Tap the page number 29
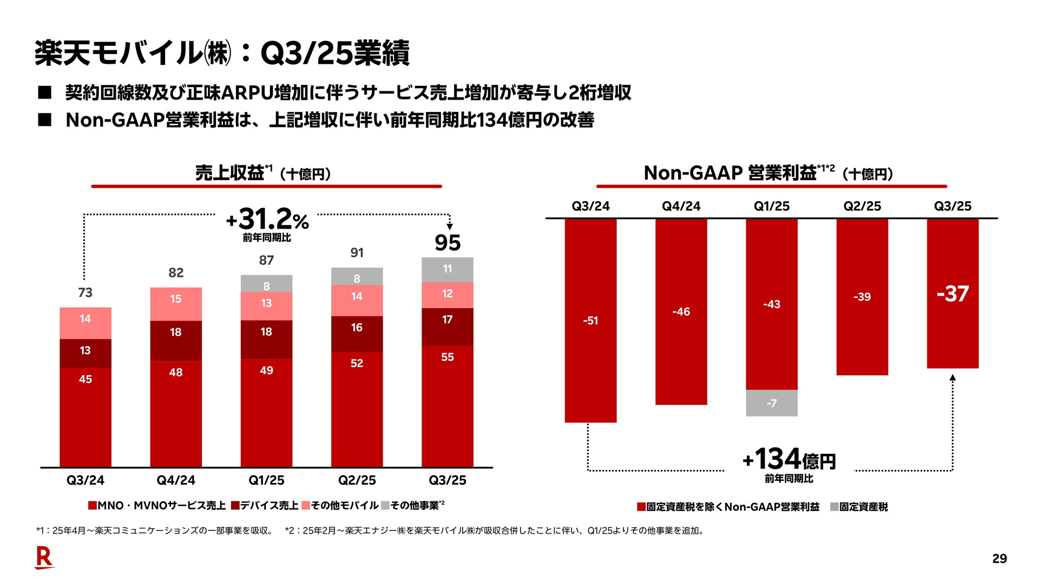(999, 559)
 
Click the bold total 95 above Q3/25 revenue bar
(448, 243)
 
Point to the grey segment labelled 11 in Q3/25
(448, 269)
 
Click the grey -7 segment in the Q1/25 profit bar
(772, 403)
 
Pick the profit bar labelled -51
(590, 320)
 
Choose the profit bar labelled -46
(681, 311)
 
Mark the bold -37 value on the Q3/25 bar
(952, 294)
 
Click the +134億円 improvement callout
(789, 460)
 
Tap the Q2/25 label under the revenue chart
(357, 480)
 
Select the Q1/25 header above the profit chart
(772, 206)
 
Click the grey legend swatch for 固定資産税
(834, 507)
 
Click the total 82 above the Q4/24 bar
(176, 273)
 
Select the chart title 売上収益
(229, 173)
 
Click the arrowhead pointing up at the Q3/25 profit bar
(952, 377)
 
